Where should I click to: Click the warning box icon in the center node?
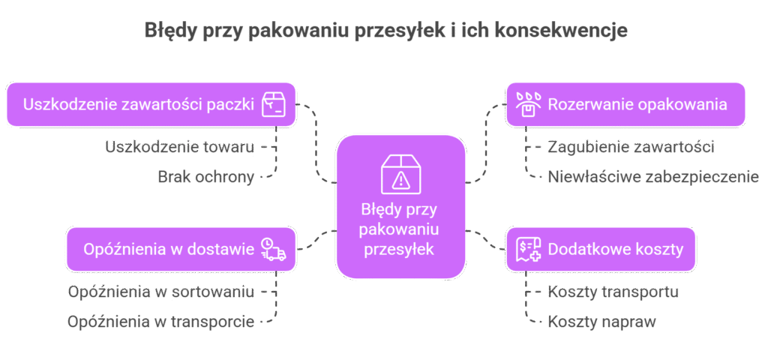[x=400, y=173]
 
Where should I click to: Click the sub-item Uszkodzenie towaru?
[x=180, y=147]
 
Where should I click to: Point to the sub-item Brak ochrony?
[x=205, y=177]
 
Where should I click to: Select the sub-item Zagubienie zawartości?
[x=630, y=147]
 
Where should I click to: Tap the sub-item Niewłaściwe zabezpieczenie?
[x=653, y=177]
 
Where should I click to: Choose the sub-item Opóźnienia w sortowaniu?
[x=161, y=291]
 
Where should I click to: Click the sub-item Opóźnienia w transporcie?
[x=160, y=322]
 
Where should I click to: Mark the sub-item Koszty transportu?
[x=613, y=291]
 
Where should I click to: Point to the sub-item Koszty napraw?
[x=601, y=322]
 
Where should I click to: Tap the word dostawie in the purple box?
[x=226, y=249]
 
